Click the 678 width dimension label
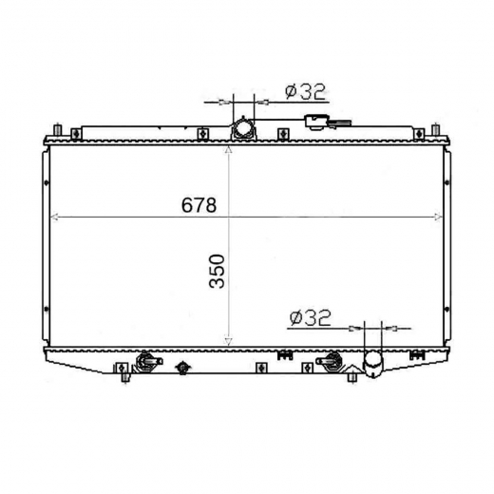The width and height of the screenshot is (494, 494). coord(199,205)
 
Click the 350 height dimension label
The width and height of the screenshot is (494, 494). coord(217,271)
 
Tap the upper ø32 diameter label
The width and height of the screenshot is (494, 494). coord(305,91)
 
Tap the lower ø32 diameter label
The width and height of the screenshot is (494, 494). coord(310,317)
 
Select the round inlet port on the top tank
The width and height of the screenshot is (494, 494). coord(242,129)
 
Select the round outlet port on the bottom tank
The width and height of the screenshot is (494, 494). coord(372,363)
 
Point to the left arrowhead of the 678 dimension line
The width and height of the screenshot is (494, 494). coord(54,217)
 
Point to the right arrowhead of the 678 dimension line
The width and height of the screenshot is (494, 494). coord(439,217)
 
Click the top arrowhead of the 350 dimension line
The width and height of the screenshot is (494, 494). coord(228,149)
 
